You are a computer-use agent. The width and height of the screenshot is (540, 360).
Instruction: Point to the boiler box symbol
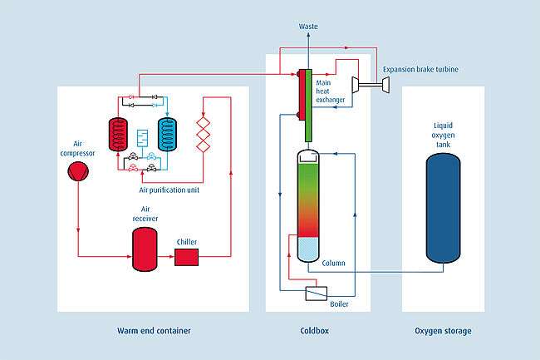(x=316, y=293)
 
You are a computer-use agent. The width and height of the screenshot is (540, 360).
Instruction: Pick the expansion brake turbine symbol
(x=362, y=84)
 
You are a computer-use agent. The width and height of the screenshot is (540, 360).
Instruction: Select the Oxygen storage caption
(x=443, y=331)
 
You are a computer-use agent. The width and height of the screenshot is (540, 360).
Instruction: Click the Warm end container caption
(x=154, y=331)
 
